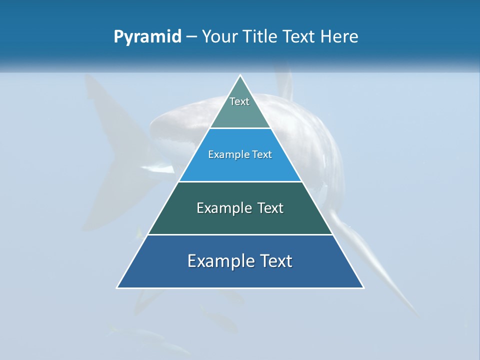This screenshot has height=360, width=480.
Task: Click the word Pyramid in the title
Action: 147,37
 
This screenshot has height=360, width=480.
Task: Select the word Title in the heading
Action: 262,37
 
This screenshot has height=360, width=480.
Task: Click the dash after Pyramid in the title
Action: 191,37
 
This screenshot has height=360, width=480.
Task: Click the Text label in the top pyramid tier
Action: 239,101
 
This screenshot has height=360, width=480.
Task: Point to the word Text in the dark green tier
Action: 270,208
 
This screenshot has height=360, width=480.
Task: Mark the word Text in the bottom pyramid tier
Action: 276,261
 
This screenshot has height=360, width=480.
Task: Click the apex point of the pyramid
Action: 240,75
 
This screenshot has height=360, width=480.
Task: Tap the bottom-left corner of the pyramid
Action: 117,287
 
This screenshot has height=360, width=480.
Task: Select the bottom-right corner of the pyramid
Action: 363,287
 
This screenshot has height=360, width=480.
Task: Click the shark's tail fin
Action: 107,150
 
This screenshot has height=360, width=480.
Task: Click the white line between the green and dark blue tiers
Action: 240,234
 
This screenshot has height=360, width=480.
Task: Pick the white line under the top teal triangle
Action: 240,128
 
